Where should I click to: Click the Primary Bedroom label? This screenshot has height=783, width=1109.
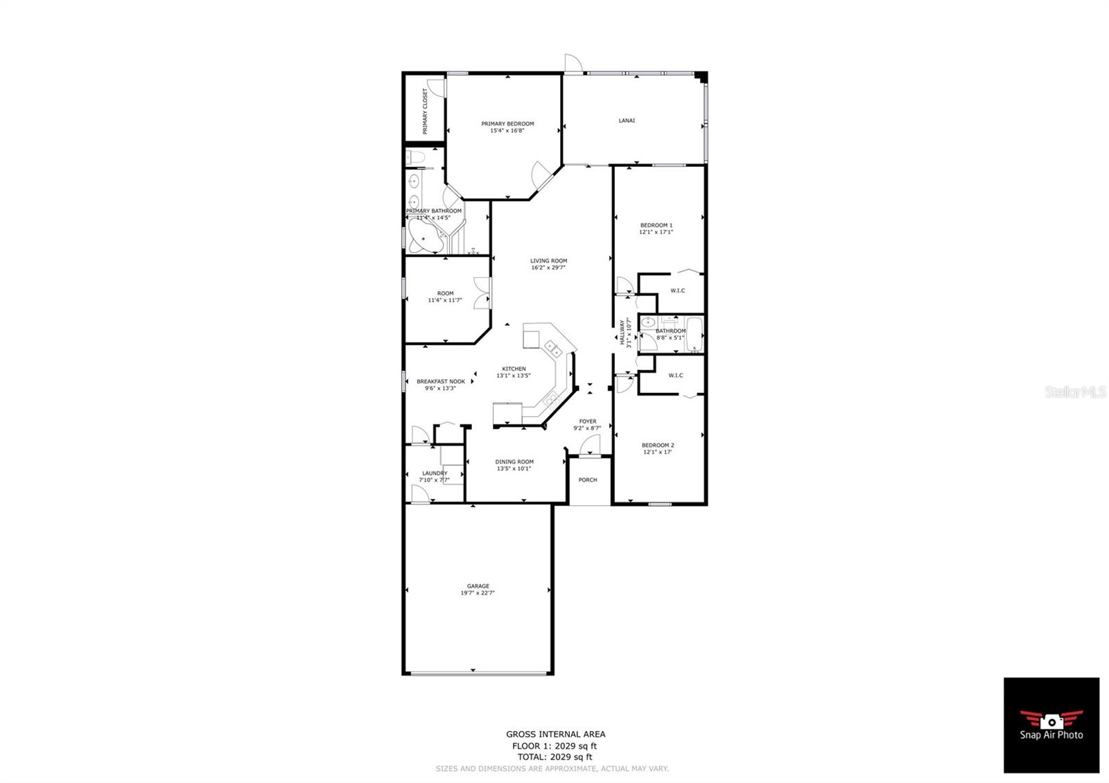507,124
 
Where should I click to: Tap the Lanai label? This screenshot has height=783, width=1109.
627,121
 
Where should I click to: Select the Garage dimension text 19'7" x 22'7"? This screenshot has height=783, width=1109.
478,593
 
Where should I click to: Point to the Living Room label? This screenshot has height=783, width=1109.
548,261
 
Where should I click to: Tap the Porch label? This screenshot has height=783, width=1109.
588,480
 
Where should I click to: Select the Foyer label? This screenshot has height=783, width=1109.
588,421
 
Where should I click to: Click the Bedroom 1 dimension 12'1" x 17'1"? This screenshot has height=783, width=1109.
656,232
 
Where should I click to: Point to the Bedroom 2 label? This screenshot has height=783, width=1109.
658,445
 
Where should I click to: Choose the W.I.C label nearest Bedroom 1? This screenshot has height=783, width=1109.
677,290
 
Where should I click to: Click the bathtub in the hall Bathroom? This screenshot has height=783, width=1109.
693,335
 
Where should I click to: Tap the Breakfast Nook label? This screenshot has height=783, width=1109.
441,381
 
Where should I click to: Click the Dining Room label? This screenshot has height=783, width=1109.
514,461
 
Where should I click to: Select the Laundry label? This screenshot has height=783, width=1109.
435,473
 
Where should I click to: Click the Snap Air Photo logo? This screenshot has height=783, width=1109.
1051,725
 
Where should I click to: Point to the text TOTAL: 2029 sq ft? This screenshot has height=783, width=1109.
554,757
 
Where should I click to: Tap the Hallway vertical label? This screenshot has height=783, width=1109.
622,333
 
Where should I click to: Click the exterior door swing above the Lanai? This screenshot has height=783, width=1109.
573,63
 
